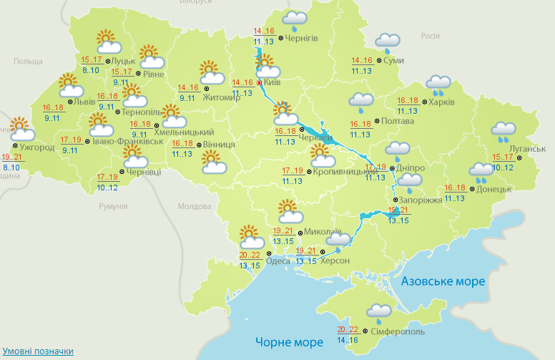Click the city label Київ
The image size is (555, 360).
tap(271, 82)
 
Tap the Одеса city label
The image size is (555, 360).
tap(277, 261)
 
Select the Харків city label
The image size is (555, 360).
tap(441, 102)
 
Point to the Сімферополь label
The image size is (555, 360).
tap(398, 332)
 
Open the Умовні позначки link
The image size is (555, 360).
tap(37, 351)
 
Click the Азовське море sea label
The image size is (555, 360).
tap(443, 281)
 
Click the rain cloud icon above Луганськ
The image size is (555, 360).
tap(504, 130)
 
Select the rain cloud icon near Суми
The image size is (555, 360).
tap(388, 43)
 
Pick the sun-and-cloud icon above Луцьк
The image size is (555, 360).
tap(106, 40)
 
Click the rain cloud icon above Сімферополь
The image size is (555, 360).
tap(378, 312)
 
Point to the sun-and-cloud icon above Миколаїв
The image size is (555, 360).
tap(289, 211)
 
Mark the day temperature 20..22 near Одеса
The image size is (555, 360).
tap(250, 255)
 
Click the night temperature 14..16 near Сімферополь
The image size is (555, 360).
tap(348, 340)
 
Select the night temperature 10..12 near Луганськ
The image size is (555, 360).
tap(503, 167)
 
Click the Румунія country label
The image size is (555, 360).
tap(113, 206)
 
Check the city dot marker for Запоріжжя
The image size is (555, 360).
tap(396, 200)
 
